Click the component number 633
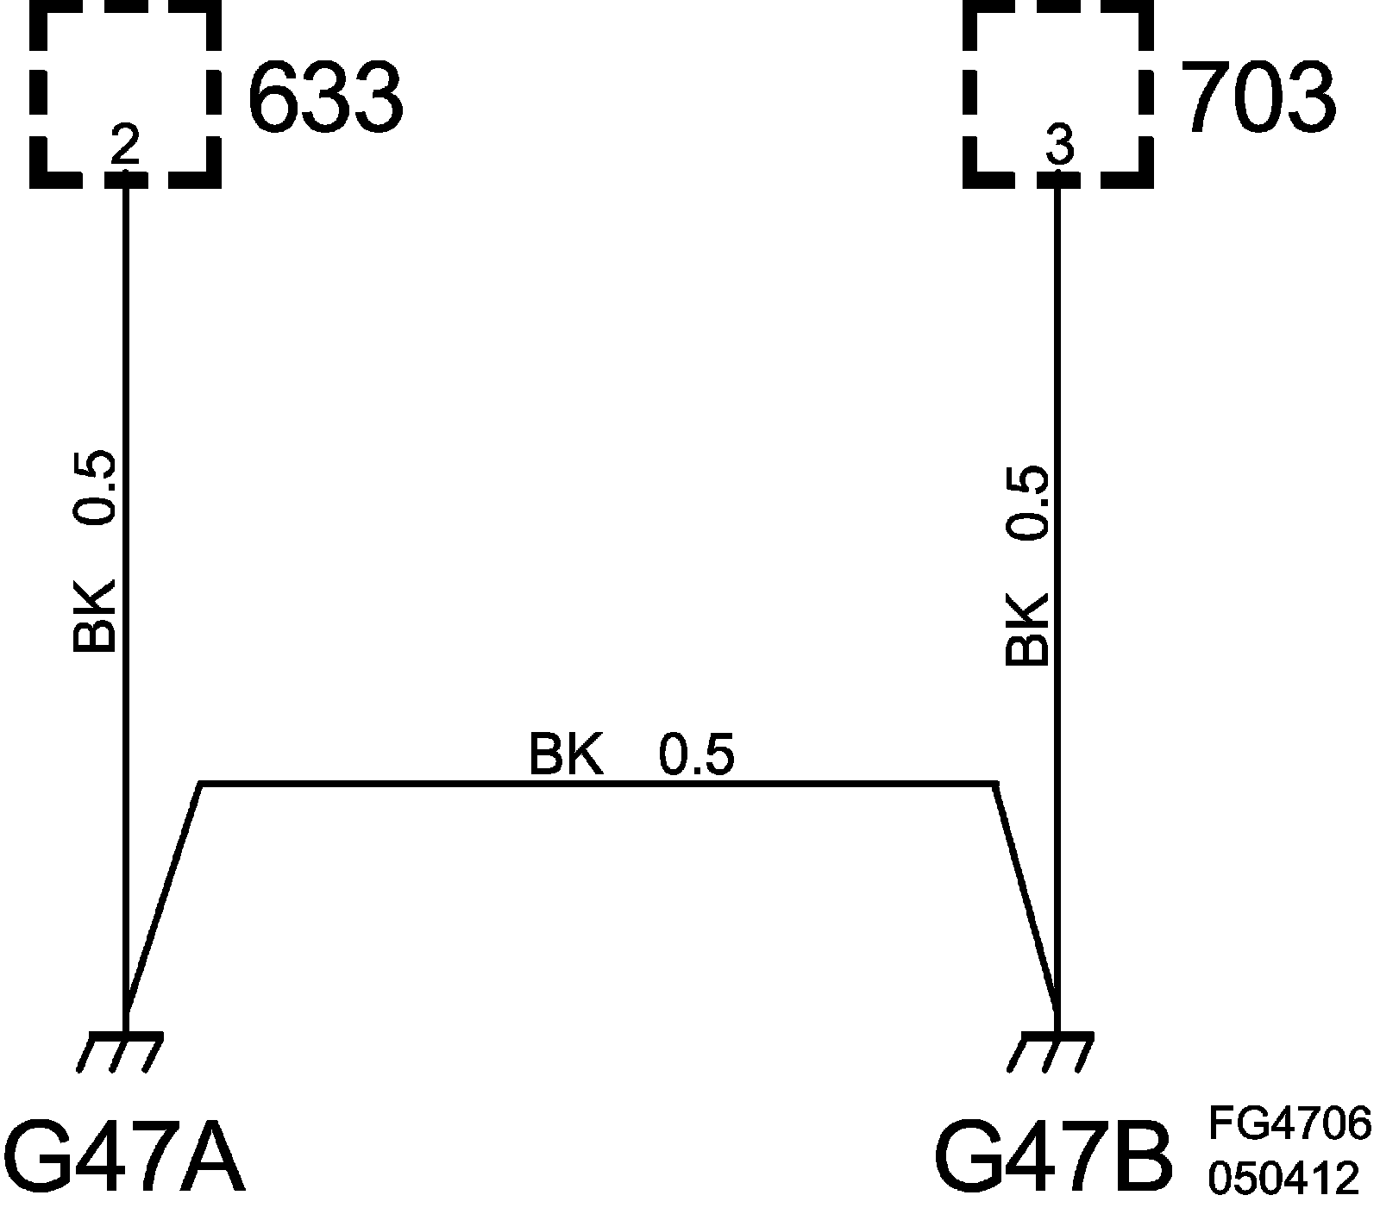325,97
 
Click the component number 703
1257,97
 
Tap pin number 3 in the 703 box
1058,147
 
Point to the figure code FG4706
1289,1124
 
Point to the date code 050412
1283,1178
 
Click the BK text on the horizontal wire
565,754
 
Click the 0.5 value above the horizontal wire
697,754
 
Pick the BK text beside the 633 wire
93,616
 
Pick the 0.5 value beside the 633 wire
93,487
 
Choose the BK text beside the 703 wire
1026,629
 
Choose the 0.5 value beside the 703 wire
1026,503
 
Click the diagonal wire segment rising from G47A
164,897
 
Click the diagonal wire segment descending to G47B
1026,897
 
